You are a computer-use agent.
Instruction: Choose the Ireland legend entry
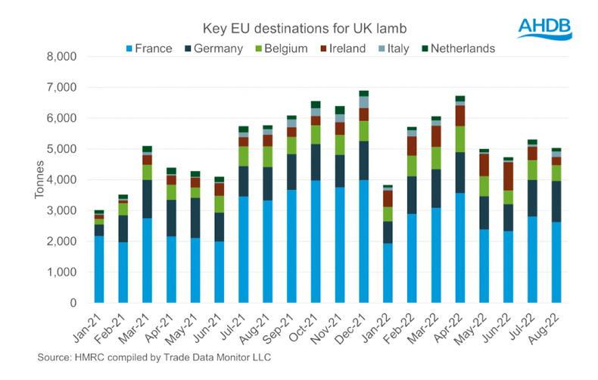tap(344, 48)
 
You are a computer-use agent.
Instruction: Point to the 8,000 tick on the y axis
tap(63, 57)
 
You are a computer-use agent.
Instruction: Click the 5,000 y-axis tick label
tap(63, 149)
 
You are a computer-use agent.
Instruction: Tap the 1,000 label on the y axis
tap(63, 272)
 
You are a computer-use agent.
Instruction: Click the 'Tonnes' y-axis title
tap(39, 179)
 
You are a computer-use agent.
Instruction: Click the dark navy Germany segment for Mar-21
tap(146, 198)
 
